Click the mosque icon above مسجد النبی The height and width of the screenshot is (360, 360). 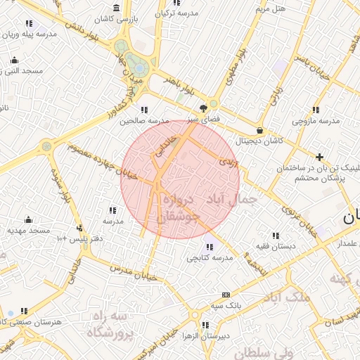(x=15, y=60)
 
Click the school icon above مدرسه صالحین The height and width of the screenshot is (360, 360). (x=144, y=110)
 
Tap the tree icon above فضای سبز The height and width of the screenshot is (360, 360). (x=203, y=108)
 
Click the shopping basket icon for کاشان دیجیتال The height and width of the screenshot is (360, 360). (x=260, y=130)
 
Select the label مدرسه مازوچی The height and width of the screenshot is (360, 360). (x=316, y=120)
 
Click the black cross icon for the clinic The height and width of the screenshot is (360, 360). (x=320, y=157)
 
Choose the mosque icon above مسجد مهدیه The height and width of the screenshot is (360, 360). (x=29, y=219)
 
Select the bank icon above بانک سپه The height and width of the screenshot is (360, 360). (x=226, y=295)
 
